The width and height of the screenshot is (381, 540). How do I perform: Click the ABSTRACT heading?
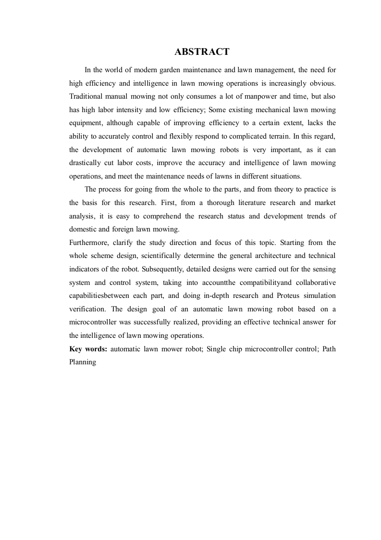(202, 51)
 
